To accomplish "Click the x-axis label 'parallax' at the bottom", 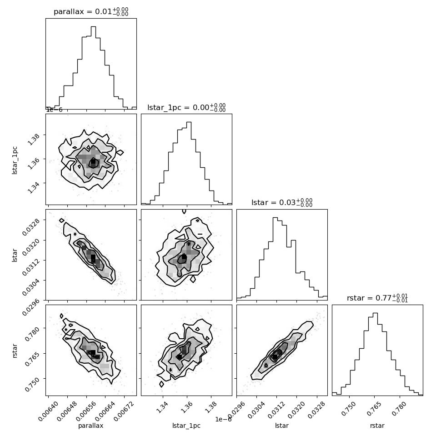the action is (x=91, y=426).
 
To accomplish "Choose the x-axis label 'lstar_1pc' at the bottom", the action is (x=186, y=426).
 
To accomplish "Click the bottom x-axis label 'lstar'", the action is (x=282, y=426).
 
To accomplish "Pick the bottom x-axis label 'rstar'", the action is (x=377, y=426).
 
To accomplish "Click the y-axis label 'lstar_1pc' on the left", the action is (x=15, y=160).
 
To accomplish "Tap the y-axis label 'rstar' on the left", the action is (x=15, y=351).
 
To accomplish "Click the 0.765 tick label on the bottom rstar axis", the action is (x=373, y=409).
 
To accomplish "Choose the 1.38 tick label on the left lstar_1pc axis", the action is (x=34, y=139).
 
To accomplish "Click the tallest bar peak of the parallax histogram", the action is (x=93, y=27).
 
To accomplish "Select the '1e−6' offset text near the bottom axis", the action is (x=223, y=419).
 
